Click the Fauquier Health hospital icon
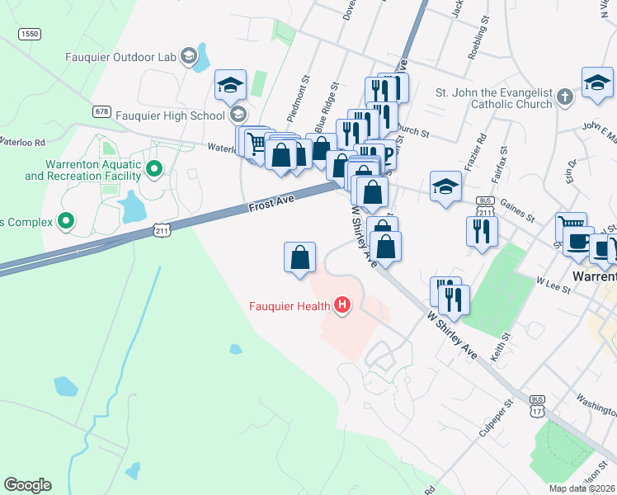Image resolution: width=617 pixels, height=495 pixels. pyautogui.click(x=342, y=306)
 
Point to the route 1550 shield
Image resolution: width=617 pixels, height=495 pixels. pyautogui.click(x=29, y=34)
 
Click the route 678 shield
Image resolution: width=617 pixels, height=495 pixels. pyautogui.click(x=102, y=111)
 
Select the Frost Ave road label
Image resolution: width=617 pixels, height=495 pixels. pyautogui.click(x=271, y=201)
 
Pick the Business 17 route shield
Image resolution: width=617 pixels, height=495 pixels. pyautogui.click(x=539, y=404)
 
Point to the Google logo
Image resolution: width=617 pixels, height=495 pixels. pyautogui.click(x=27, y=485)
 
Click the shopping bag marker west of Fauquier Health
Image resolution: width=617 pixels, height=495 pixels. pyautogui.click(x=299, y=257)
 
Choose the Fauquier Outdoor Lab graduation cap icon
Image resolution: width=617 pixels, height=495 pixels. pyautogui.click(x=189, y=56)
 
